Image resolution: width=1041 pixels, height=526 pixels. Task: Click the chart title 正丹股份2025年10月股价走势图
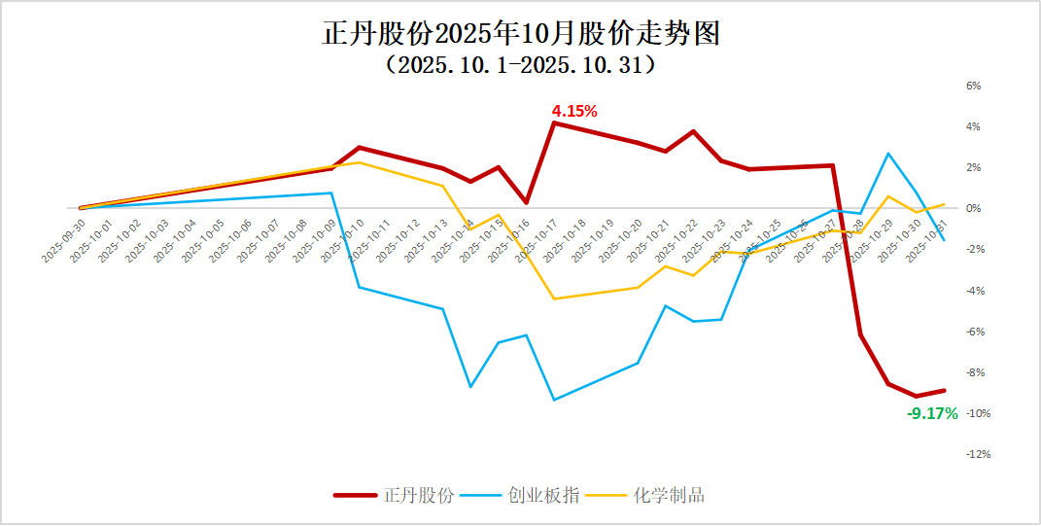[521, 35]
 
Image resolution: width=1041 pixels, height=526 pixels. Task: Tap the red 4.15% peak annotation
[574, 111]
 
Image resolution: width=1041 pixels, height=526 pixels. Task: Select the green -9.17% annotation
[932, 413]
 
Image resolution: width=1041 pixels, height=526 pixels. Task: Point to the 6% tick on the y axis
[973, 86]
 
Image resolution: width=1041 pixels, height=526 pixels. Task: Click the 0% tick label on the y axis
[973, 209]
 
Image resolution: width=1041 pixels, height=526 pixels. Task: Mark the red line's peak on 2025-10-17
[554, 123]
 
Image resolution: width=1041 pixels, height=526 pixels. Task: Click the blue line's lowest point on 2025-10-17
[554, 400]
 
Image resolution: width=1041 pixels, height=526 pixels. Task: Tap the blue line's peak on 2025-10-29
[888, 154]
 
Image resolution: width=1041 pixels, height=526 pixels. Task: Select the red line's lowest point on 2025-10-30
[916, 396]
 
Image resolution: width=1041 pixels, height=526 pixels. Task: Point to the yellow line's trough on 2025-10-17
[554, 298]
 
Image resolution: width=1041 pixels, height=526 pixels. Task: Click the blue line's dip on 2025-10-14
[470, 387]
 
